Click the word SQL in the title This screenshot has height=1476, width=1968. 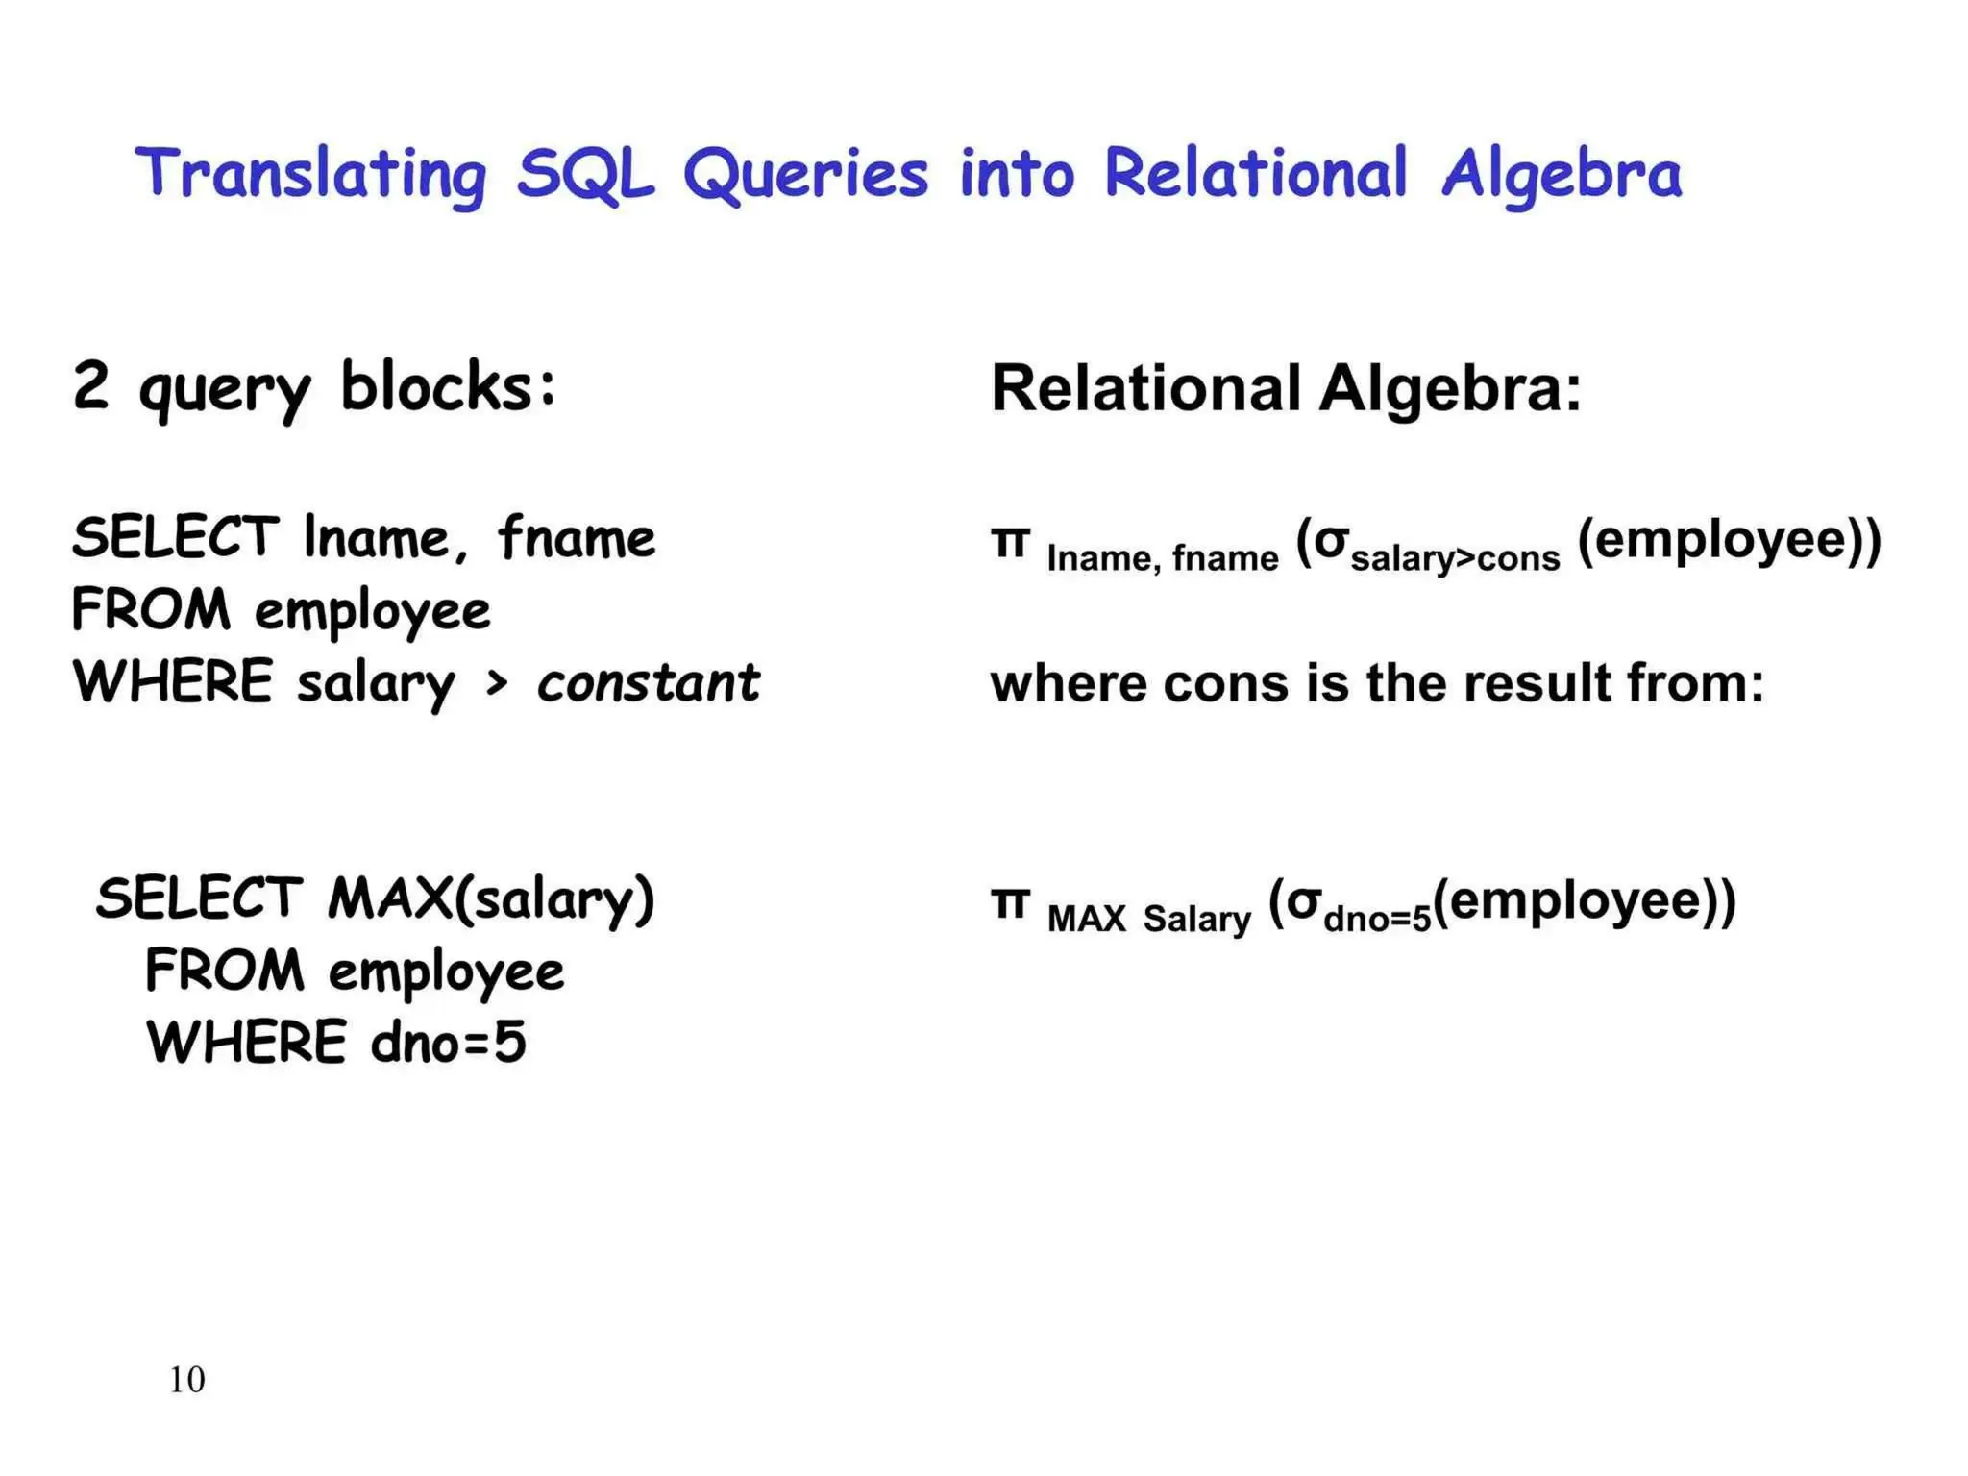click(x=584, y=176)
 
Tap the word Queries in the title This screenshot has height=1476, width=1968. click(x=805, y=176)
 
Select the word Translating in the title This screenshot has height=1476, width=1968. click(x=310, y=176)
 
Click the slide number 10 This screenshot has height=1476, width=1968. click(x=186, y=1380)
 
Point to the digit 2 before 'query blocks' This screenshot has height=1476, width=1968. click(x=90, y=386)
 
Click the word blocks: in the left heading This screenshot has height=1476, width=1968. click(x=448, y=386)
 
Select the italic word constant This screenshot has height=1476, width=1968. click(x=648, y=683)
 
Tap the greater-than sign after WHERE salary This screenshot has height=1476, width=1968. click(x=496, y=683)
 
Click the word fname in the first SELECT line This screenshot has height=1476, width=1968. click(x=577, y=538)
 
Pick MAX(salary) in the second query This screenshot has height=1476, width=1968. click(x=491, y=899)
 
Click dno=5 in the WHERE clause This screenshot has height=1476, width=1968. click(x=448, y=1043)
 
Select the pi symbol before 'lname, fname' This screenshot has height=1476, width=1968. click(x=1010, y=544)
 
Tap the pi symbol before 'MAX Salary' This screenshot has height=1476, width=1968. click(x=1010, y=904)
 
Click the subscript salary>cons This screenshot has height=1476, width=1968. click(x=1455, y=559)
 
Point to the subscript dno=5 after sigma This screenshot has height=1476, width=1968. click(x=1377, y=920)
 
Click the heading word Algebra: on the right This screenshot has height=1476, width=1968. click(x=1449, y=389)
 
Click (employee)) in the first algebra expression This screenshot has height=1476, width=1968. click(x=1729, y=540)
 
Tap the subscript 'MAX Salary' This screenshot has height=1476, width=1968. click(x=1148, y=920)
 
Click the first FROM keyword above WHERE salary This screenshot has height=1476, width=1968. click(x=152, y=610)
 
